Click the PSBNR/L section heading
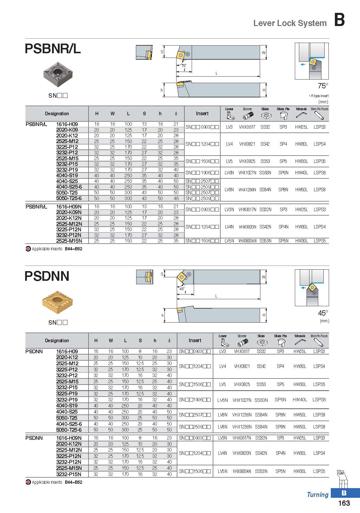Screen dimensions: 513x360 click(53, 49)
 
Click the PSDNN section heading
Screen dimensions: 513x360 click(47, 276)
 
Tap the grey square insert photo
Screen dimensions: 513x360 click(58, 74)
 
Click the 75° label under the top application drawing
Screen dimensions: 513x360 click(323, 86)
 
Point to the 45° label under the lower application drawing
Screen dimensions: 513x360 click(323, 313)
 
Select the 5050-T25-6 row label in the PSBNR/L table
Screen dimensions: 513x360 click(69, 198)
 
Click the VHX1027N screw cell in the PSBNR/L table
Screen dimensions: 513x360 click(247, 173)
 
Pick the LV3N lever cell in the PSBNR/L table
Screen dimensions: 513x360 click(229, 209)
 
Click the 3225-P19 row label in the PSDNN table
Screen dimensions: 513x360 click(67, 393)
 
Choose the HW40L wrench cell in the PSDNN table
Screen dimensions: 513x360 click(300, 400)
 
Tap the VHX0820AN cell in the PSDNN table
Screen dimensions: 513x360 click(242, 471)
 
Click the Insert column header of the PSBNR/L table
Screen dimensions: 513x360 click(202, 113)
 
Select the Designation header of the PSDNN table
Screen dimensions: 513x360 click(57, 340)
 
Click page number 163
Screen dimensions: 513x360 click(344, 503)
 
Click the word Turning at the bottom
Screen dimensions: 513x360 click(318, 495)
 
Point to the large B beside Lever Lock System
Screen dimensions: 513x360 click(339, 20)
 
